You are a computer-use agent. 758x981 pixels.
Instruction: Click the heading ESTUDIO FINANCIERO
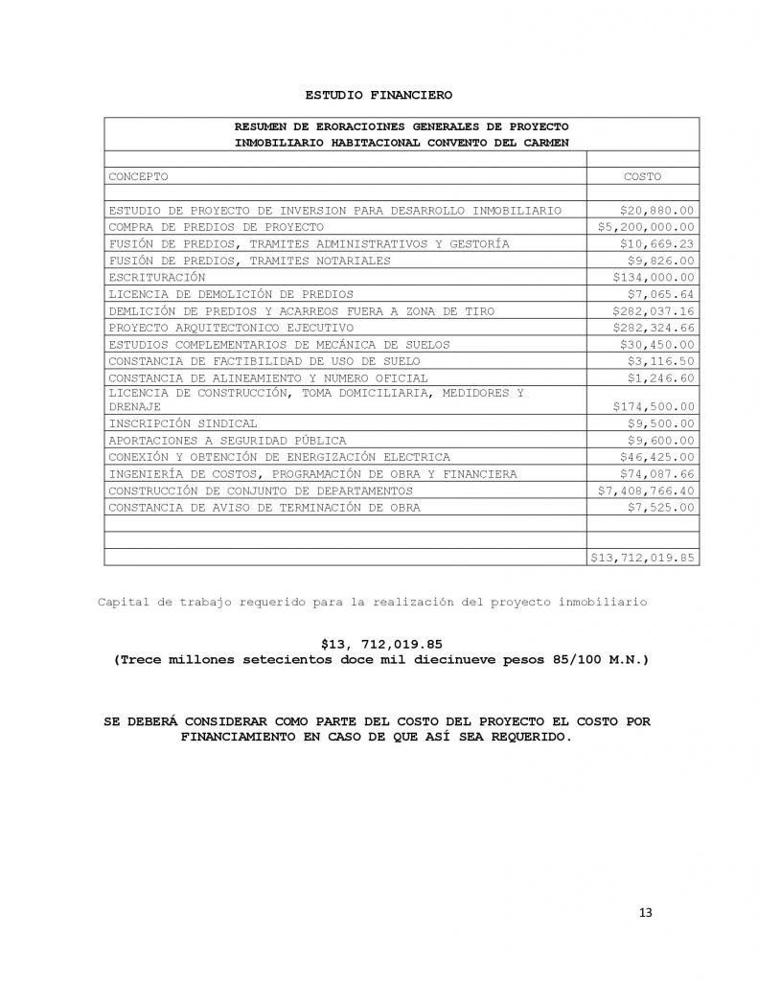click(379, 95)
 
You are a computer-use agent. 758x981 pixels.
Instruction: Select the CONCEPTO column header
click(139, 177)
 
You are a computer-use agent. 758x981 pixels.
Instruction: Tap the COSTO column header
click(642, 177)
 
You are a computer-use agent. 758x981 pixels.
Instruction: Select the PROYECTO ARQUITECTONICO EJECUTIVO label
click(205, 327)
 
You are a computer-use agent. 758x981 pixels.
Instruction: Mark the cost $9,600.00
click(660, 440)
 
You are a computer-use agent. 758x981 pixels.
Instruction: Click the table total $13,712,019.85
click(642, 556)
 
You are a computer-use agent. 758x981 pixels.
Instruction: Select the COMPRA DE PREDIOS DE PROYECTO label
click(216, 227)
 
